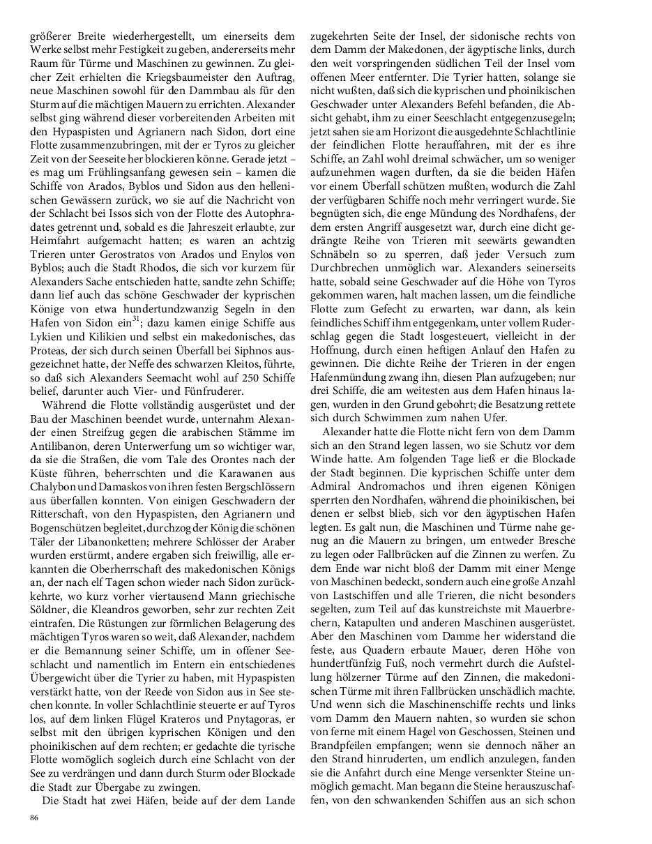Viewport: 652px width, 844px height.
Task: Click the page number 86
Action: point(34,818)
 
